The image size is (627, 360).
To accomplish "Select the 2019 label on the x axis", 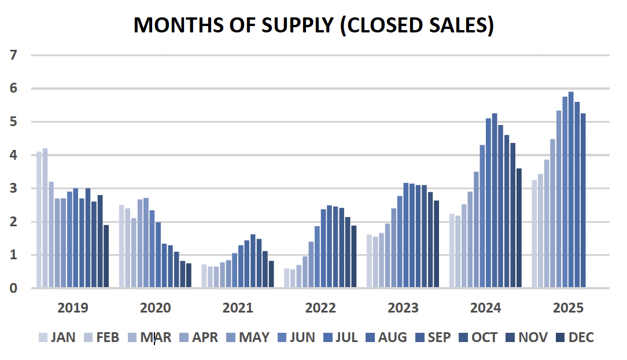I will [73, 307].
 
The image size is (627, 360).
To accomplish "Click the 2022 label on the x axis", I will [320, 307].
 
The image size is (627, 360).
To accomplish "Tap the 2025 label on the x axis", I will [568, 307].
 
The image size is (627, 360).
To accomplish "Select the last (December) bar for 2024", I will [519, 228].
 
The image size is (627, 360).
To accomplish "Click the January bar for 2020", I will [121, 247].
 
